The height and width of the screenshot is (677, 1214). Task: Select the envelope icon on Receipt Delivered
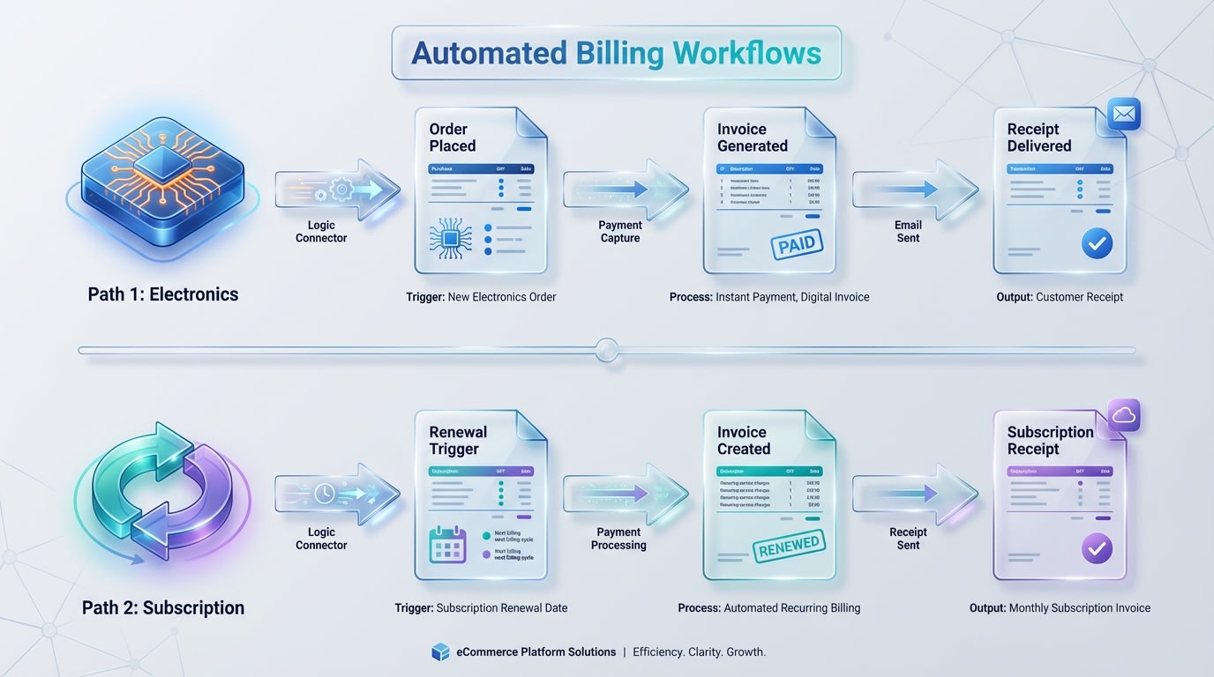click(1124, 115)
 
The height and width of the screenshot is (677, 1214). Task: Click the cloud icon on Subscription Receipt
click(1124, 415)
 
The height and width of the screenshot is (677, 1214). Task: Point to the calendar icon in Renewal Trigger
click(447, 546)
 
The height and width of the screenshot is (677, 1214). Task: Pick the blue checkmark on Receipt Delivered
click(1097, 244)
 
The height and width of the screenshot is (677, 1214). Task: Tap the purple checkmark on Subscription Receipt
click(1097, 548)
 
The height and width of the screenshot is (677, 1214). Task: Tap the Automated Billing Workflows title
click(616, 53)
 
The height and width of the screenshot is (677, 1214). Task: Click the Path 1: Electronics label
click(163, 294)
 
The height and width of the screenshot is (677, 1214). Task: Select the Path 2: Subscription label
click(163, 607)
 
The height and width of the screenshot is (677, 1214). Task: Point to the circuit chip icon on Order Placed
click(450, 239)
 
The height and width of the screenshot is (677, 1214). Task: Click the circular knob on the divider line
click(606, 350)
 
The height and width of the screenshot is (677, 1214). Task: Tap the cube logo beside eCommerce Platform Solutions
click(440, 652)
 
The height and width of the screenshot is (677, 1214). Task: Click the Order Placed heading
click(453, 138)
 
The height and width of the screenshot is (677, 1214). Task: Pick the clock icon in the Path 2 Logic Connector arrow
click(324, 495)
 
